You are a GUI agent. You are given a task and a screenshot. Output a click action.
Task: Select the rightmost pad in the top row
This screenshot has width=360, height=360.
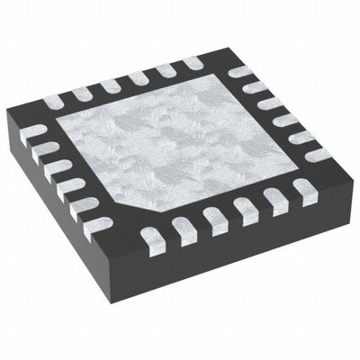click(x=193, y=64)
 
